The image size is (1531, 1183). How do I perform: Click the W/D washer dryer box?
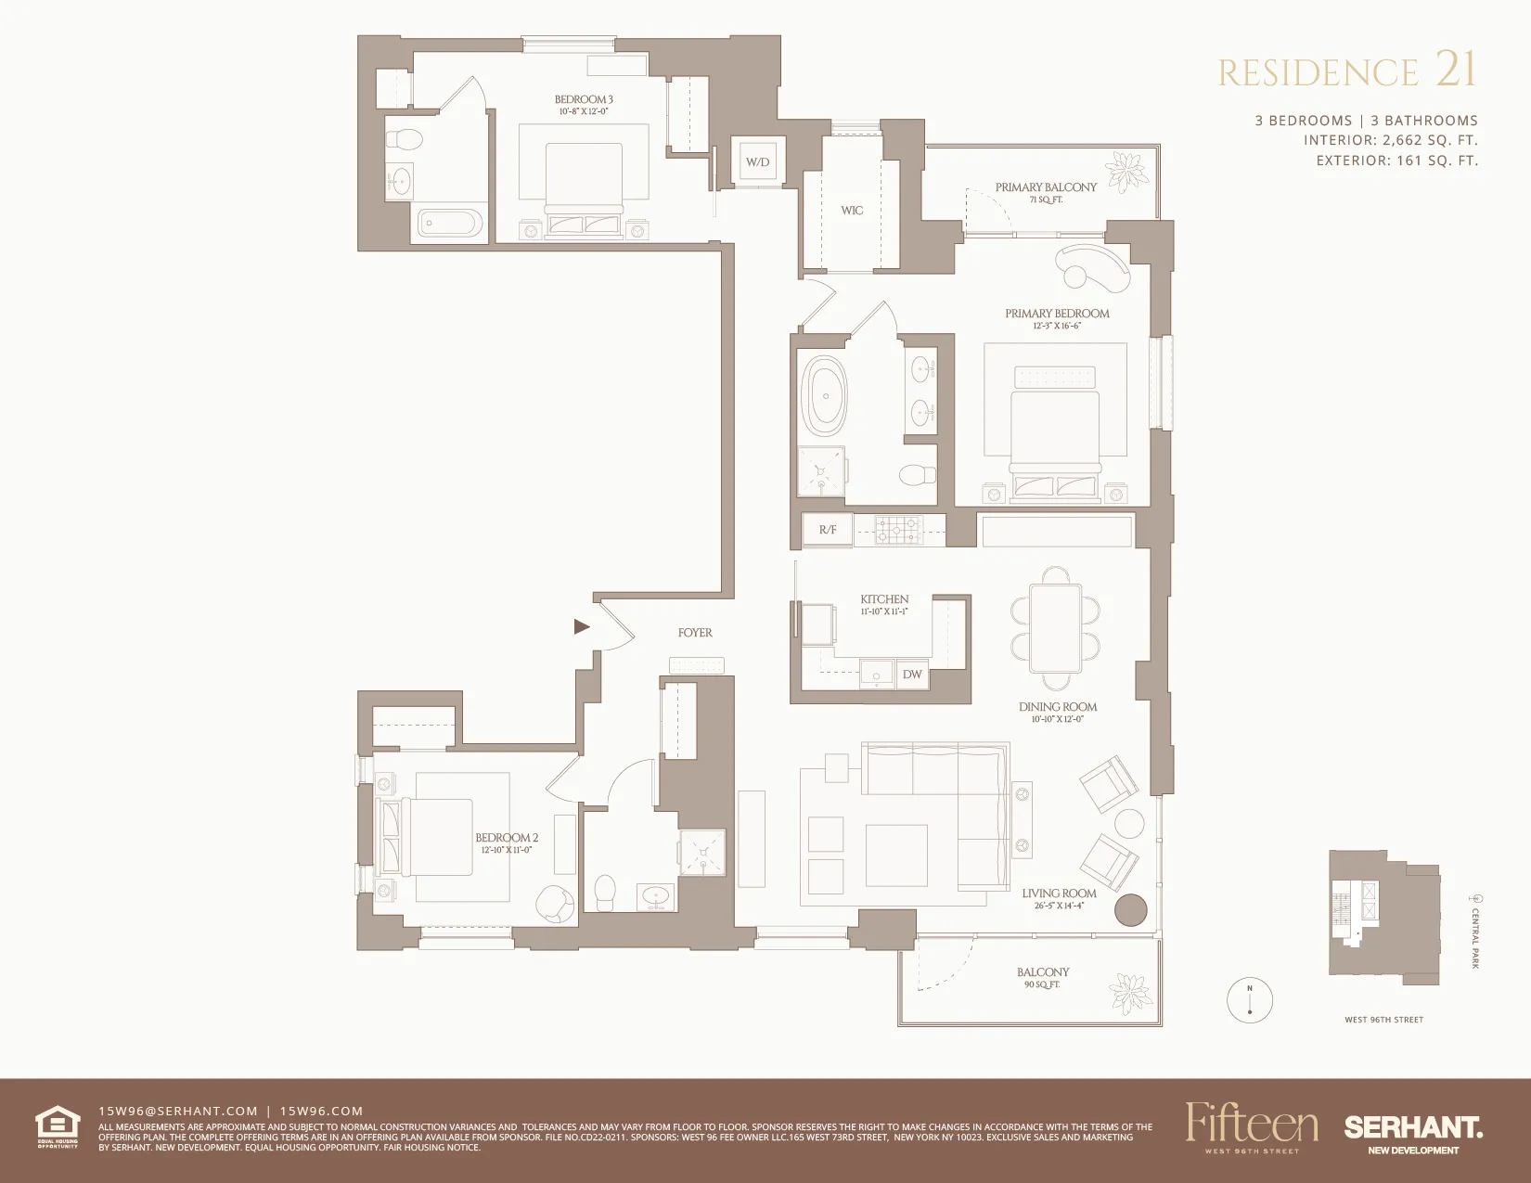pos(758,161)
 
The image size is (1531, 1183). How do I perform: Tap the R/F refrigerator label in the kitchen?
pos(828,530)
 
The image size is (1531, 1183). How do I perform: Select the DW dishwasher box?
pos(912,675)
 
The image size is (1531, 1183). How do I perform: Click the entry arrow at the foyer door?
pos(582,627)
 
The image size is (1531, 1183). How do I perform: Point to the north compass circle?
pos(1250,1000)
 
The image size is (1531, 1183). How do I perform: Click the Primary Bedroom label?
pos(1057,314)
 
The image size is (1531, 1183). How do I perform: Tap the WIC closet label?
pos(852,211)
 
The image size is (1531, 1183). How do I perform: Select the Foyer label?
pos(695,633)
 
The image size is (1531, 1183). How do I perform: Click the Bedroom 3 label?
pos(584,100)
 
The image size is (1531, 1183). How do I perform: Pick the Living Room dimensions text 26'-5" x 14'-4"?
pos(1059,906)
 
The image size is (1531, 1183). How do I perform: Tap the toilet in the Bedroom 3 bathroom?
pos(405,140)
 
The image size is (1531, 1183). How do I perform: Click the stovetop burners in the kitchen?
pos(896,529)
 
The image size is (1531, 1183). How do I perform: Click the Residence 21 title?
pos(1346,71)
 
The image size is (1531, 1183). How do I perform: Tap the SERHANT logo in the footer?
pos(1413,1128)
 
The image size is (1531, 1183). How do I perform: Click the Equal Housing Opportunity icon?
pos(58,1126)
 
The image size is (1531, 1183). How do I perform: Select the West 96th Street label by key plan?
pos(1383,1020)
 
